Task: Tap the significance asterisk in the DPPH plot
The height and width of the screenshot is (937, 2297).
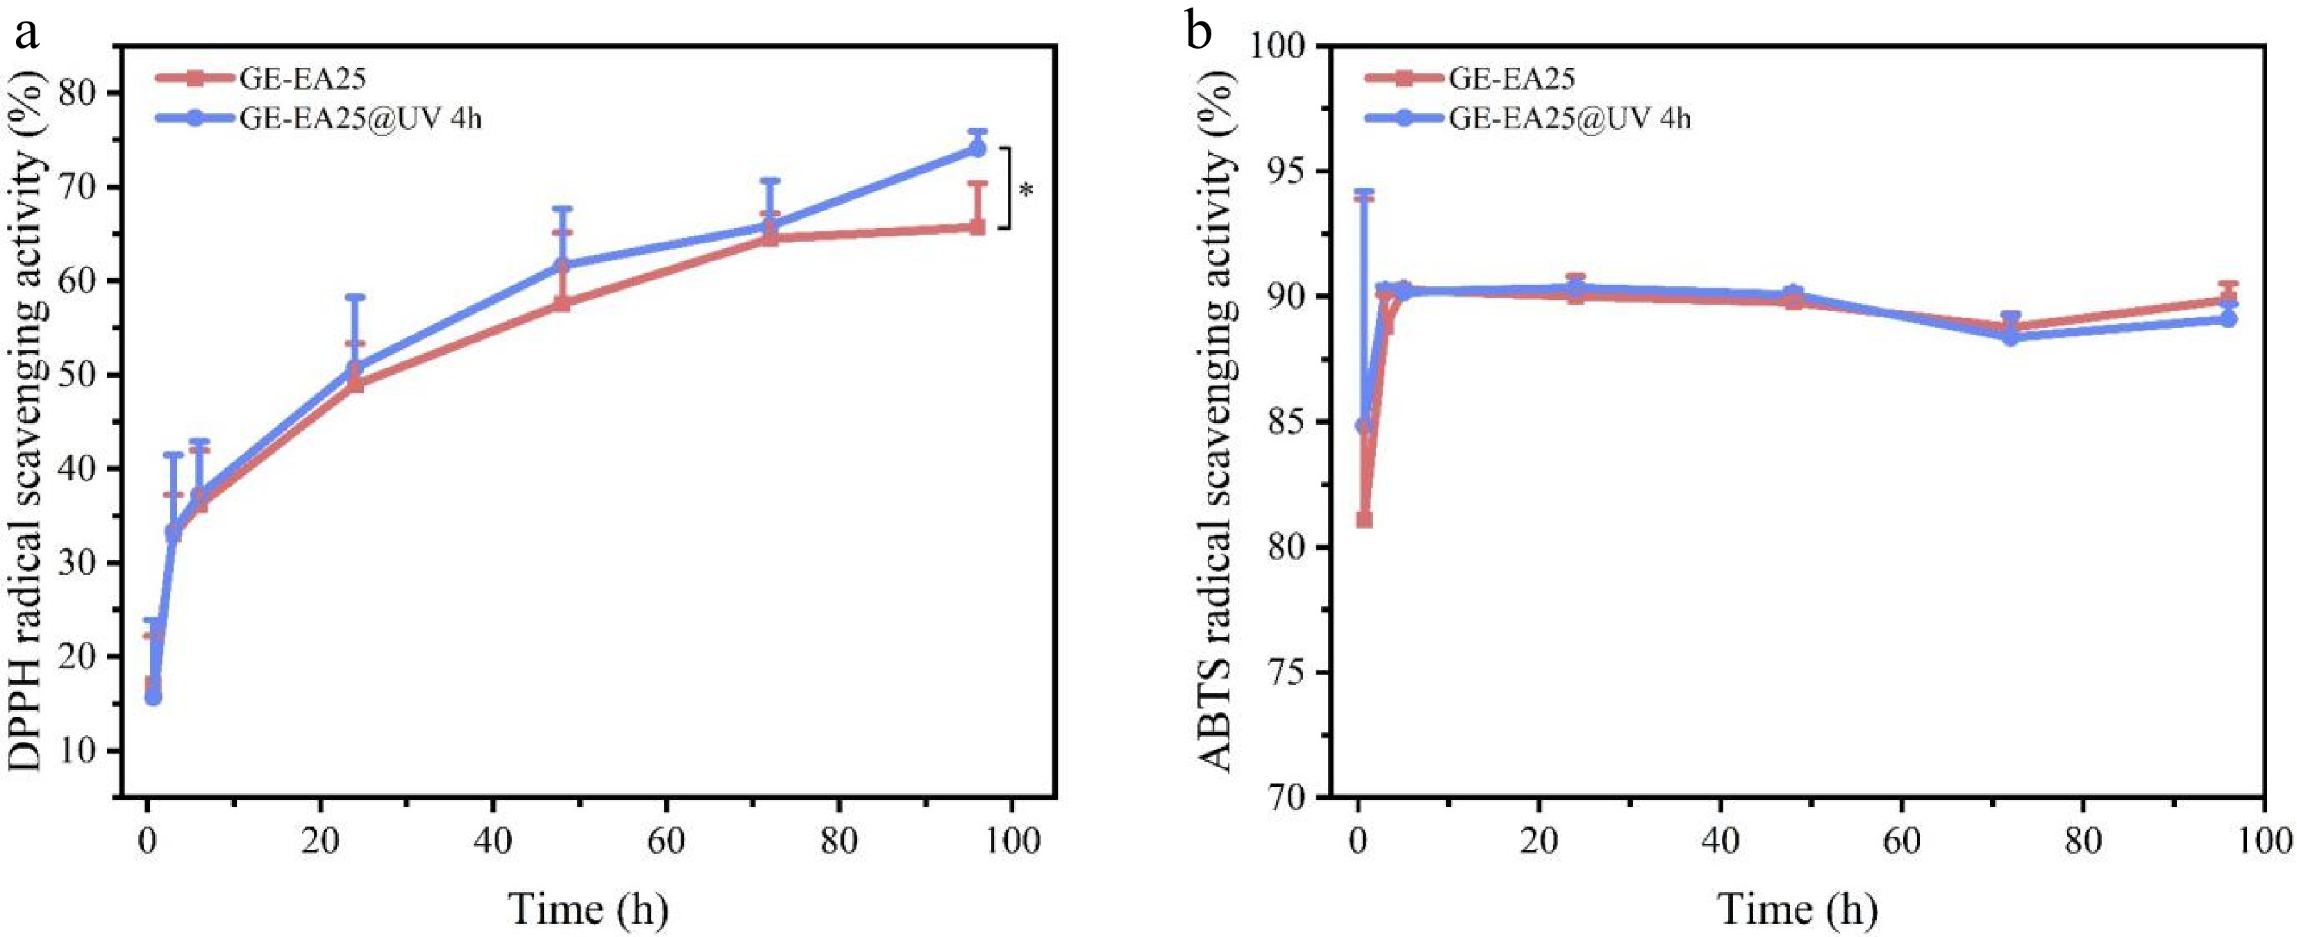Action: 1027,190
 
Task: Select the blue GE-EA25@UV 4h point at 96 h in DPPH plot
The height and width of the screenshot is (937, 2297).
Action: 977,149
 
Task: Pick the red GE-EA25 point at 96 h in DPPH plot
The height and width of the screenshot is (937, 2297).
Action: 977,227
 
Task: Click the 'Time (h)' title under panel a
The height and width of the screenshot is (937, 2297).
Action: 588,909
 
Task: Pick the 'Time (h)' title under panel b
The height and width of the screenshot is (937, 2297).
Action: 1798,909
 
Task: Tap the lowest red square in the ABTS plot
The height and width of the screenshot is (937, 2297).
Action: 1364,520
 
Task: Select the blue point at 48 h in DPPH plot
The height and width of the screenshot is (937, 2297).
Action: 562,265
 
